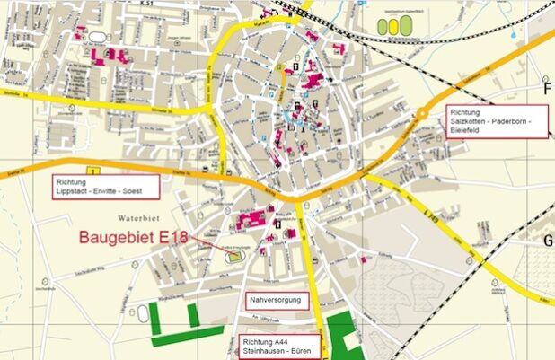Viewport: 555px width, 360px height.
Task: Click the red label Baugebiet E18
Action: pyautogui.click(x=135, y=238)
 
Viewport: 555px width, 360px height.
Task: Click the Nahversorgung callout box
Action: pyautogui.click(x=277, y=300)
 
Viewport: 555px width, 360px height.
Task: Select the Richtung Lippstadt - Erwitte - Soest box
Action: pyautogui.click(x=102, y=186)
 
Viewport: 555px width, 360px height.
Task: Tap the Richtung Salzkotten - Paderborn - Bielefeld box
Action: pyautogui.click(x=497, y=119)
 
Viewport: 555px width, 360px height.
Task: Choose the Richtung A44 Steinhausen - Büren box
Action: pyautogui.click(x=279, y=347)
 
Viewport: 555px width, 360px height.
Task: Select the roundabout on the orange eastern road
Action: pyautogui.click(x=421, y=113)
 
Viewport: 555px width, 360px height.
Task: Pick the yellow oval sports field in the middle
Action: pyautogui.click(x=393, y=27)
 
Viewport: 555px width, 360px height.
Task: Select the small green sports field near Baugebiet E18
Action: pyautogui.click(x=234, y=256)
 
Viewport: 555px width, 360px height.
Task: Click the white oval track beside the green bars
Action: pyautogui.click(x=143, y=314)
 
